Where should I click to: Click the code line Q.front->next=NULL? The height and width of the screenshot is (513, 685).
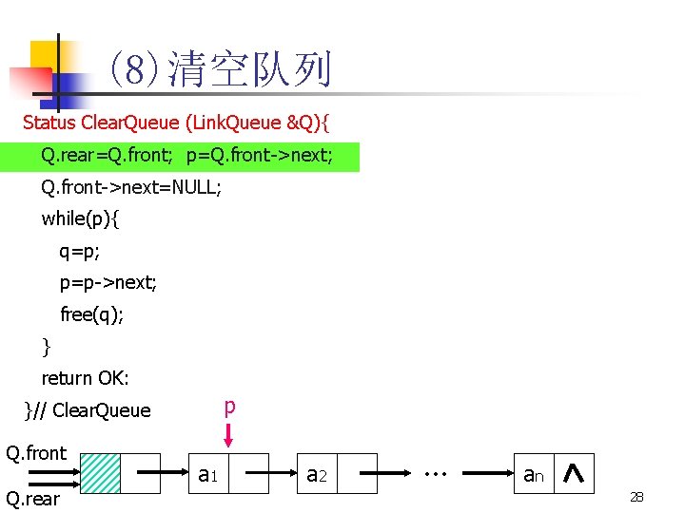(x=131, y=188)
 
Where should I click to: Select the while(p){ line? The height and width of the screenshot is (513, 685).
(x=81, y=218)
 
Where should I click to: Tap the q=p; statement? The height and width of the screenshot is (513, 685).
(x=80, y=252)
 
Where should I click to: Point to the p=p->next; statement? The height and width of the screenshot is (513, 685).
(x=108, y=283)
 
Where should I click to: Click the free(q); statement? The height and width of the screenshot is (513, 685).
(x=91, y=314)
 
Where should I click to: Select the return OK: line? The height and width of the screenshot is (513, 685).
(x=86, y=378)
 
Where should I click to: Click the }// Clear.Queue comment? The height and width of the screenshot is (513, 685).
(x=88, y=410)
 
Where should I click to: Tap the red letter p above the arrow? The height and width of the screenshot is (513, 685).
(x=228, y=407)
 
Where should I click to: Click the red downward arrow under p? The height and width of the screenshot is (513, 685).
(x=228, y=435)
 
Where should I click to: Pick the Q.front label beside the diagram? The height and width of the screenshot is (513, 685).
(x=36, y=453)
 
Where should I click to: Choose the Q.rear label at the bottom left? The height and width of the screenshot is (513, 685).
(x=33, y=499)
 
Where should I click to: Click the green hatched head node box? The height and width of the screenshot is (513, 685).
(x=101, y=473)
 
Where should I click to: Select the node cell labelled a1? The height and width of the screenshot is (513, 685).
(x=209, y=473)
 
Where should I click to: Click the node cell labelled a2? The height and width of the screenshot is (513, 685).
(x=317, y=473)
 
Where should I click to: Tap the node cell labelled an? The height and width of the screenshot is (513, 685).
(x=533, y=473)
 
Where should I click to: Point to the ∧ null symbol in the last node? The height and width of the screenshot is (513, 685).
(x=574, y=473)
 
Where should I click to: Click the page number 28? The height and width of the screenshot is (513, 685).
(x=636, y=497)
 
